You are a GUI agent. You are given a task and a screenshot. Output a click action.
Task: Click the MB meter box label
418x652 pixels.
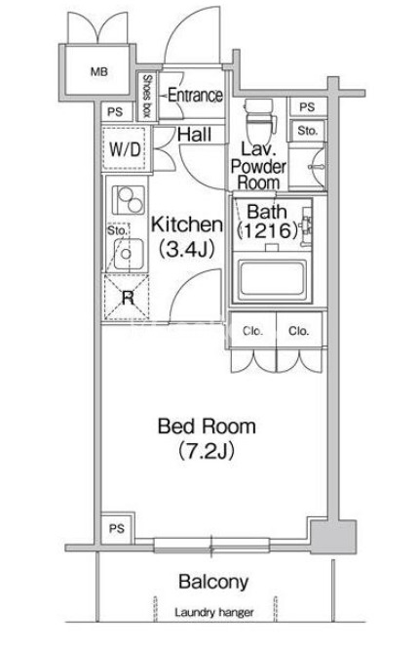click(x=99, y=71)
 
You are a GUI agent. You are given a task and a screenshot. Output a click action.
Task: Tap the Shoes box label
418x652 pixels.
click(x=146, y=96)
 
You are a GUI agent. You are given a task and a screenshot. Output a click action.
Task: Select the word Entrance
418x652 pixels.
click(x=195, y=96)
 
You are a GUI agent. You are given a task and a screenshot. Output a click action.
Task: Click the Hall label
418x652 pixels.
click(x=195, y=135)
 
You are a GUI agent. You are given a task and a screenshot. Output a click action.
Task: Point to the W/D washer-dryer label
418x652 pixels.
click(x=125, y=149)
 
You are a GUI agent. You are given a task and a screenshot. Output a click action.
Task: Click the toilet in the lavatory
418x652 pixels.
click(x=260, y=121)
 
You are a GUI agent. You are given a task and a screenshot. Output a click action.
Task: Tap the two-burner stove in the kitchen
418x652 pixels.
click(x=129, y=199)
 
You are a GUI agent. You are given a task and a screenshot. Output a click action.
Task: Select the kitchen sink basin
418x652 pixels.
click(x=129, y=254)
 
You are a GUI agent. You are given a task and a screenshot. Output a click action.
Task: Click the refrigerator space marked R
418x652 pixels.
click(x=128, y=298)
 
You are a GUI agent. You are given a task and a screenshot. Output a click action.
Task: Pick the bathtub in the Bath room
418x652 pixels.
click(x=272, y=280)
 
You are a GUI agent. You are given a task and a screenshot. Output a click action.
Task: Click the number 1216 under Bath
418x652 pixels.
click(x=267, y=230)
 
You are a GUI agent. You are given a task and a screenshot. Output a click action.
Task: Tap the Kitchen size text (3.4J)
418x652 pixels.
click(x=186, y=249)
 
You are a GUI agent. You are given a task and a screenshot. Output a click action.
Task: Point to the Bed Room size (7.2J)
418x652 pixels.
click(x=207, y=450)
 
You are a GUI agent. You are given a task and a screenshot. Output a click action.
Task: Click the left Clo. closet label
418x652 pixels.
click(x=252, y=331)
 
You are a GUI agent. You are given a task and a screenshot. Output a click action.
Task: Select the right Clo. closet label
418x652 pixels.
click(x=299, y=331)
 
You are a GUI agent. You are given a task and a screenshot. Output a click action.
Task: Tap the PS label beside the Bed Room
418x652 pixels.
click(x=117, y=528)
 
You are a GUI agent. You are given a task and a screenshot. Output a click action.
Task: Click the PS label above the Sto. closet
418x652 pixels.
click(x=307, y=107)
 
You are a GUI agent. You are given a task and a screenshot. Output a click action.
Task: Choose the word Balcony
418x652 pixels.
click(x=213, y=582)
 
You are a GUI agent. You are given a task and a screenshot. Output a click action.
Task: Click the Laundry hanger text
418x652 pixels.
click(x=213, y=612)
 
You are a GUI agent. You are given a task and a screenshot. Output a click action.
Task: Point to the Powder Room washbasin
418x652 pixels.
click(x=319, y=166)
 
